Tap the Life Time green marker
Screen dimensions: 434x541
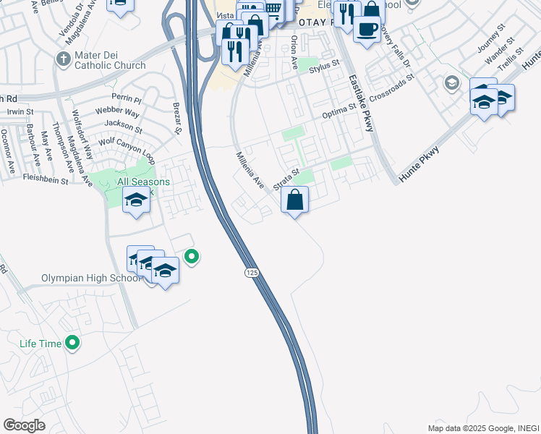point(72,343)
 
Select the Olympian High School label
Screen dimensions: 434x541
point(81,278)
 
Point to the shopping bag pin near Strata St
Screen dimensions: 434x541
point(295,200)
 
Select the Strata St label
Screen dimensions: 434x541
point(286,180)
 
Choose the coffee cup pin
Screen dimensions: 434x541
point(367,30)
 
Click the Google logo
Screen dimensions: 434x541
point(24,425)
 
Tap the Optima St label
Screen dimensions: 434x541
point(339,111)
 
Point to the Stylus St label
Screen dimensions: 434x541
point(324,67)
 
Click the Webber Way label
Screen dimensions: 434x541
point(122,112)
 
